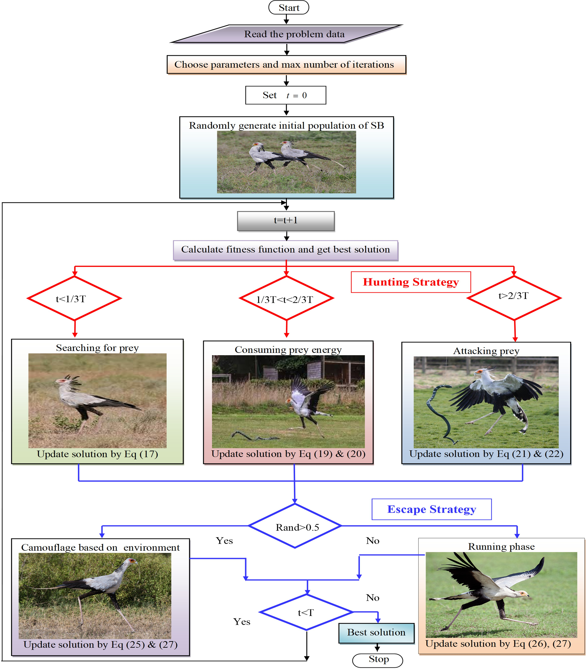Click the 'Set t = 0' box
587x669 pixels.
point(286,95)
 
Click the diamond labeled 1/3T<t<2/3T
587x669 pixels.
point(286,298)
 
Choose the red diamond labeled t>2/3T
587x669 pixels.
point(514,298)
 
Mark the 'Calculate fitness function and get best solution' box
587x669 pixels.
point(286,250)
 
